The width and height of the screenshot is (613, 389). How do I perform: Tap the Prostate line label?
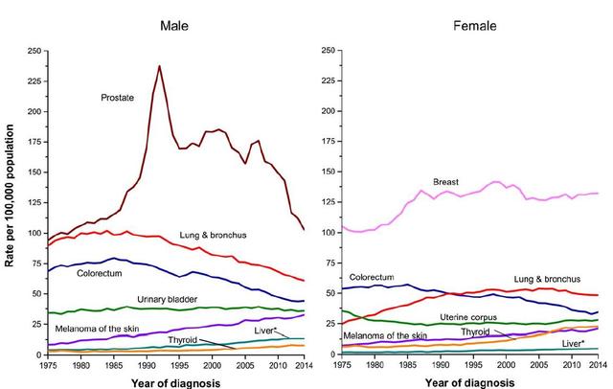119,98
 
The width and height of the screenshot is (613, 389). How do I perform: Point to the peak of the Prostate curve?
159,66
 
